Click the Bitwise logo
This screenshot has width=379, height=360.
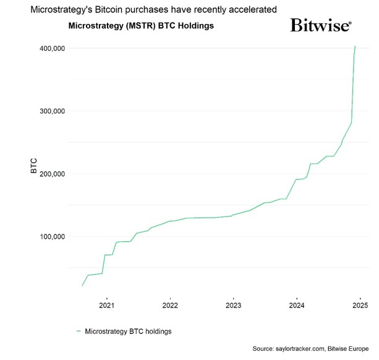[x=321, y=26]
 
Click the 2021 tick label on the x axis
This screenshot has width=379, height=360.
[x=107, y=305]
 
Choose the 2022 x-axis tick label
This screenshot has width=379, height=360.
[x=170, y=305]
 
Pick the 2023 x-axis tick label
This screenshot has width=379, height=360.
[x=234, y=305]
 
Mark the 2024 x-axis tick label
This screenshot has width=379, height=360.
[x=297, y=305]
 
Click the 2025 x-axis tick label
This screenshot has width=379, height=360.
[x=360, y=305]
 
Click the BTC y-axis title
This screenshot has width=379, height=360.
[x=35, y=166]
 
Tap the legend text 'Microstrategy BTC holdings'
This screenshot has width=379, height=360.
[x=128, y=332]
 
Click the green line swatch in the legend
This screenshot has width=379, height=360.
[x=79, y=332]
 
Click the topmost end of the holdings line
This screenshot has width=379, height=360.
[x=355, y=46]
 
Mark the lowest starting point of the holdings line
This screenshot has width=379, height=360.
[x=82, y=285]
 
